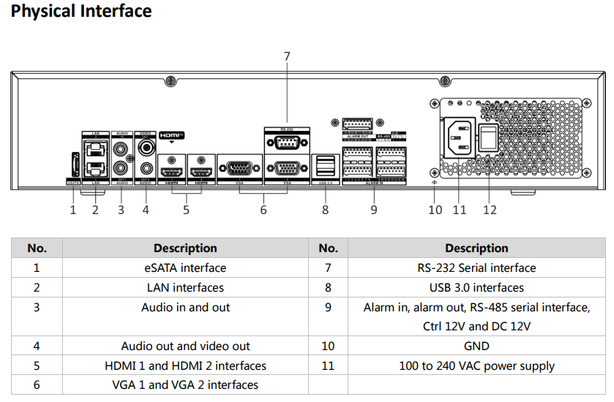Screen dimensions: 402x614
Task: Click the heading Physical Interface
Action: pyautogui.click(x=81, y=12)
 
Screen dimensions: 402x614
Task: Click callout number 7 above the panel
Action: pyautogui.click(x=287, y=56)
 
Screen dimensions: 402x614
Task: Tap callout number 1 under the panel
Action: pyautogui.click(x=73, y=210)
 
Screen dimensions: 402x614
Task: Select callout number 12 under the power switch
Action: pyautogui.click(x=490, y=210)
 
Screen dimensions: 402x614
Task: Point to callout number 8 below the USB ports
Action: pyautogui.click(x=326, y=210)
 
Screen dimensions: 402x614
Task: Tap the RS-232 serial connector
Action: pyautogui.click(x=286, y=141)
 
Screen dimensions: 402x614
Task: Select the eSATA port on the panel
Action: pyautogui.click(x=74, y=165)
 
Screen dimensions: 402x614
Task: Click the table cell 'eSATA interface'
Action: pyautogui.click(x=185, y=268)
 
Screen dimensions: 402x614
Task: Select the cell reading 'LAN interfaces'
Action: pyautogui.click(x=185, y=287)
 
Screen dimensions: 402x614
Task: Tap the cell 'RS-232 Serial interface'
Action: pyautogui.click(x=476, y=268)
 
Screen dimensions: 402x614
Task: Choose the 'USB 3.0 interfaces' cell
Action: pyautogui.click(x=476, y=287)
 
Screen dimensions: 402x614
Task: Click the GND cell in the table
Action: pyautogui.click(x=476, y=346)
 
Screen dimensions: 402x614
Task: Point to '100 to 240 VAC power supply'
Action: pyautogui.click(x=476, y=365)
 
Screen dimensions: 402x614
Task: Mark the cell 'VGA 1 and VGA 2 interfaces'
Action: pyautogui.click(x=185, y=384)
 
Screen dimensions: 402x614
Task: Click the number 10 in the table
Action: pyautogui.click(x=328, y=346)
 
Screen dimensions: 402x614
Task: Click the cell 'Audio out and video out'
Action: pyautogui.click(x=185, y=346)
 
